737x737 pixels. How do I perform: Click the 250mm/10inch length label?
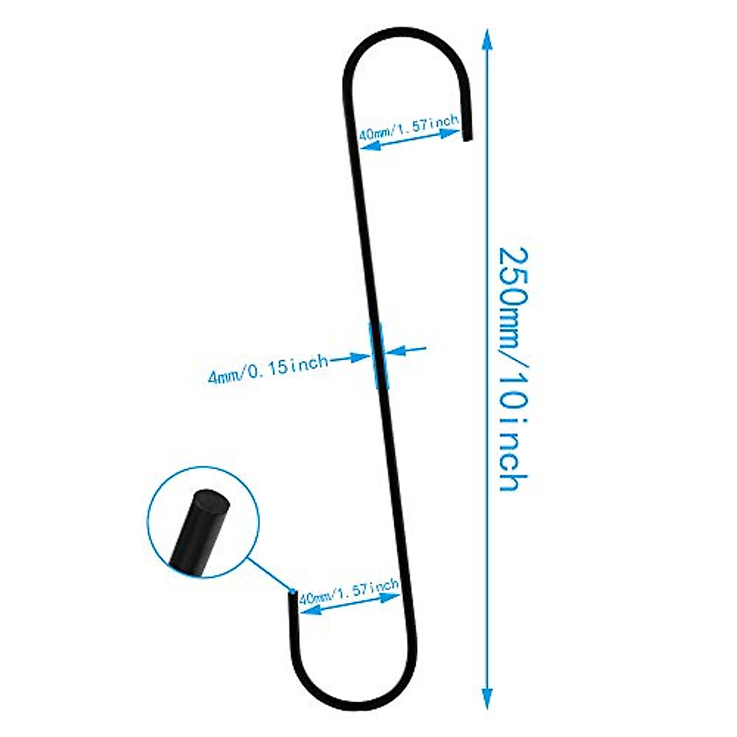pyautogui.click(x=512, y=368)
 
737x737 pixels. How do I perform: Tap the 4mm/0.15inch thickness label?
pyautogui.click(x=268, y=368)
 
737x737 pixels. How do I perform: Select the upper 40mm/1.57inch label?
pyautogui.click(x=408, y=129)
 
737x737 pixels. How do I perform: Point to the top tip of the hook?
pyautogui.click(x=467, y=138)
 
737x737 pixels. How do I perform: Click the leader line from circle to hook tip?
pyautogui.click(x=270, y=575)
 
